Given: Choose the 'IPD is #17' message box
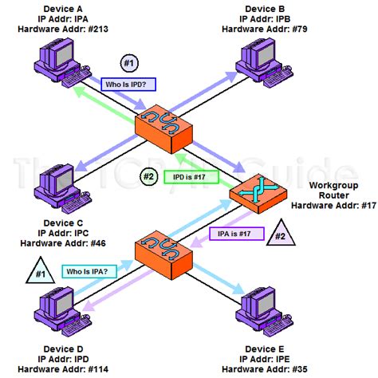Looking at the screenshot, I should (x=190, y=176).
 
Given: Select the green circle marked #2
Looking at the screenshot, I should (x=148, y=176).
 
